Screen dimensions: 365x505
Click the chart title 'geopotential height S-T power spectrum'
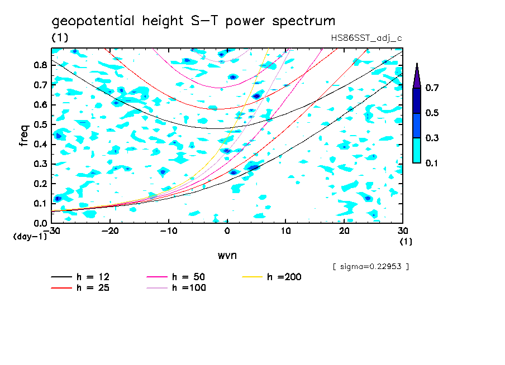[193, 21]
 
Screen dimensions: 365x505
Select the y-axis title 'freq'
[23, 136]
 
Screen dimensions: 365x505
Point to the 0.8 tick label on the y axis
[40, 65]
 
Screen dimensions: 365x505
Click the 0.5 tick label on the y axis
[40, 124]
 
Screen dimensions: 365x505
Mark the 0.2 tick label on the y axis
[40, 184]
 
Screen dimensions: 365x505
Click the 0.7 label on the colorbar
[431, 88]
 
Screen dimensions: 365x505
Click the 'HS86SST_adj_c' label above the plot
[366, 38]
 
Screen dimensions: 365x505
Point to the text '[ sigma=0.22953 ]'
[370, 267]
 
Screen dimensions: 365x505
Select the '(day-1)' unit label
[30, 237]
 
